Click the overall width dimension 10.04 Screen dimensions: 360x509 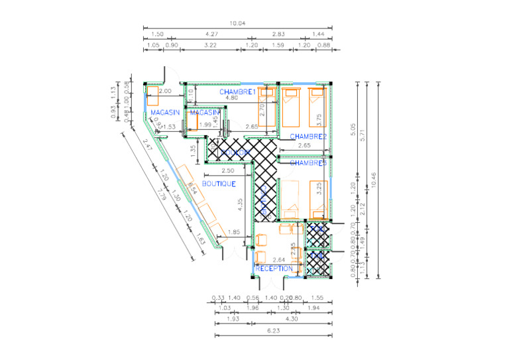pos(237,24)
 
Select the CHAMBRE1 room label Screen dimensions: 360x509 pos(237,91)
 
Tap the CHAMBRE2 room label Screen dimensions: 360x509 pos(309,137)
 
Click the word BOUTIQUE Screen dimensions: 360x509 pos(219,184)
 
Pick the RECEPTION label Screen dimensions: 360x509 pos(274,269)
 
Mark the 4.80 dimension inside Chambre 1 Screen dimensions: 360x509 pos(232,98)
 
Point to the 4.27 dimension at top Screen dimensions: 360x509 pos(212,34)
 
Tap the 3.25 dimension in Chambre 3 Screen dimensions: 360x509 pos(319,188)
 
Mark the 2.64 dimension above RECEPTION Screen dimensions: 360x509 pos(279,260)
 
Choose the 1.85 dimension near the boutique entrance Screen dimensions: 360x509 pos(233,232)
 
